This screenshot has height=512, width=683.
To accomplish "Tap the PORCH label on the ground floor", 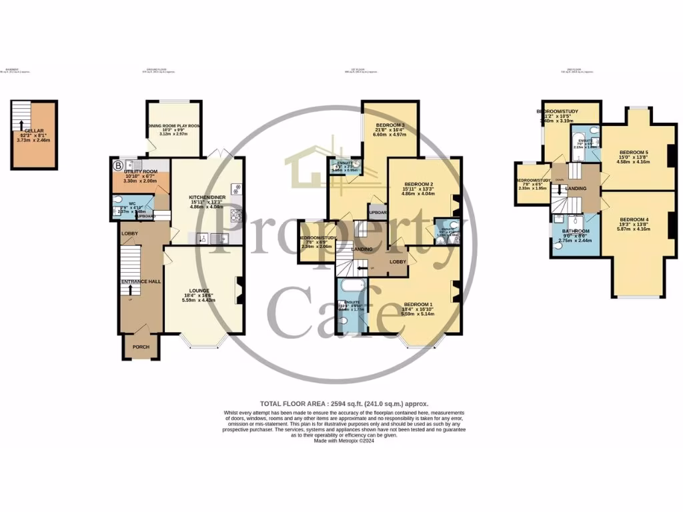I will click(x=140, y=347).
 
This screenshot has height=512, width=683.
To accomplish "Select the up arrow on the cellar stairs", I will click(x=22, y=125).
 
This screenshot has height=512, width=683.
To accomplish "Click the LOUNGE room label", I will click(x=199, y=291).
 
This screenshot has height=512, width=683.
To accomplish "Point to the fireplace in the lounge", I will click(x=239, y=290).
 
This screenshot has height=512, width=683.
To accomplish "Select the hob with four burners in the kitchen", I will click(x=235, y=214).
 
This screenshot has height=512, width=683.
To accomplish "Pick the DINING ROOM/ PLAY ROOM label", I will click(x=174, y=125).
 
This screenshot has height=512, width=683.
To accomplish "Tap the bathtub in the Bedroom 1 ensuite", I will click(x=348, y=291).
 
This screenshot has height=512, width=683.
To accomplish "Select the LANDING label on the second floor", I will click(x=575, y=189).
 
